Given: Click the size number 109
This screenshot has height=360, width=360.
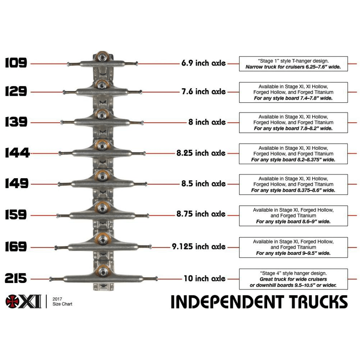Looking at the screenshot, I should tap(16, 63).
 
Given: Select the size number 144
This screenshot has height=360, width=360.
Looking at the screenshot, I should tap(17, 153).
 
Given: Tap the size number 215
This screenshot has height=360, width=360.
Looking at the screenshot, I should tap(16, 278).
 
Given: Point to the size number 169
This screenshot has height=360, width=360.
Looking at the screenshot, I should tap(16, 247).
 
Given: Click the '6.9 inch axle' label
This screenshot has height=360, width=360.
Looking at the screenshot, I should tap(203, 63).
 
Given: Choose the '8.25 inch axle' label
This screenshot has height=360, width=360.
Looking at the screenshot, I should tap(201, 153).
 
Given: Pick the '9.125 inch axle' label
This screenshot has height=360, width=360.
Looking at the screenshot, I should tap(199, 247).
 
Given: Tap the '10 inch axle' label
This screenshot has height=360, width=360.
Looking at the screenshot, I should tap(204, 278).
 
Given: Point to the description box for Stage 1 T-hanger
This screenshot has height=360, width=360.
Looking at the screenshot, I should tap(293, 64).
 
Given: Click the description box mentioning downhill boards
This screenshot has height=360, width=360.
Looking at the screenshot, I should tap(293, 279).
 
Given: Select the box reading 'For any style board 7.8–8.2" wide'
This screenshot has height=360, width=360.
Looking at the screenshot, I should tap(293, 123).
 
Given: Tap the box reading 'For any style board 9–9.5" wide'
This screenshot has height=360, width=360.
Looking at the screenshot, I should tap(293, 247).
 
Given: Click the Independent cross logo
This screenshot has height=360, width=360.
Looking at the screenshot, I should tap(13, 301).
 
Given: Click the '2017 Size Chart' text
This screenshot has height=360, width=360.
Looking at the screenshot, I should tap(62, 302).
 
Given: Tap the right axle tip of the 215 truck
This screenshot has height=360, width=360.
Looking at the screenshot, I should tap(156, 278).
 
